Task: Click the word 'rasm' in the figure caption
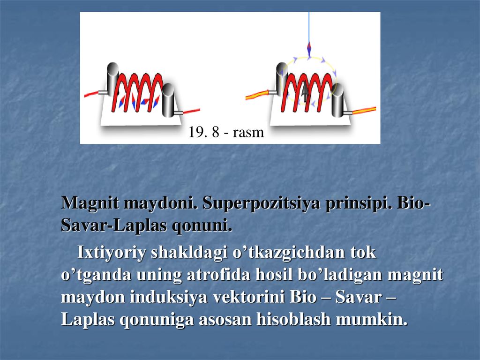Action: pos(248,133)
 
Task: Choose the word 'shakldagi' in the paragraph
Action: pos(189,253)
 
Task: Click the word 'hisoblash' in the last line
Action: pos(293,320)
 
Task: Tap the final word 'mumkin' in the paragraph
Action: pos(372,320)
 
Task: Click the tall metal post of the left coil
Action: pos(112,78)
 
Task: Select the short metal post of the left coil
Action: pos(168,100)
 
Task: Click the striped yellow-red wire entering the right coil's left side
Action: pos(257,95)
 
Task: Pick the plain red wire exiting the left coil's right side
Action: pos(192,111)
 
